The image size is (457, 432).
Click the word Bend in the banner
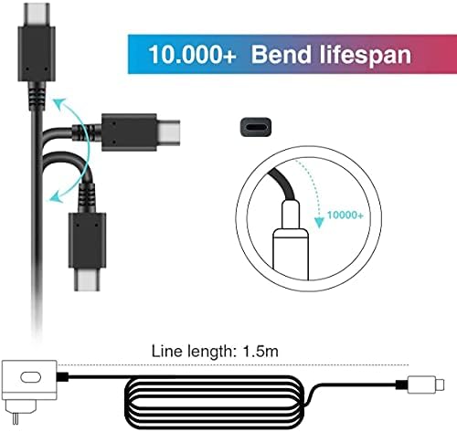pyautogui.click(x=280, y=54)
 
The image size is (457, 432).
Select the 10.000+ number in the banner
pyautogui.click(x=192, y=55)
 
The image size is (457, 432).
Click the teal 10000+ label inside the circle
pyautogui.click(x=345, y=216)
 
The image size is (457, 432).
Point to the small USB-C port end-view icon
pyautogui.click(x=256, y=127)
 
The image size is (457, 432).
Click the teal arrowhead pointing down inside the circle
pyautogui.click(x=319, y=222)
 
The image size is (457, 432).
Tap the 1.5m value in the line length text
pyautogui.click(x=260, y=351)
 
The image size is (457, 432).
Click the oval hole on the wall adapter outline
pyautogui.click(x=30, y=377)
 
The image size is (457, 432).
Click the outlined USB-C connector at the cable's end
pyautogui.click(x=426, y=385)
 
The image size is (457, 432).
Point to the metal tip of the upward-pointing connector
pyautogui.click(x=37, y=15)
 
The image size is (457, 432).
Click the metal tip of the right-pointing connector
pyautogui.click(x=168, y=132)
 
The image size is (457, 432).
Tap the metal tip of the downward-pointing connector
pyautogui.click(x=87, y=279)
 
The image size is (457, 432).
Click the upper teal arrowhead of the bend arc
pyautogui.click(x=58, y=103)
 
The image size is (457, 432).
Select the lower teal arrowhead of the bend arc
pyautogui.click(x=57, y=197)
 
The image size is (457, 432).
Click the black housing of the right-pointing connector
pyautogui.click(x=129, y=132)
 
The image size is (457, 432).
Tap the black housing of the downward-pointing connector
pyautogui.click(x=87, y=240)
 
